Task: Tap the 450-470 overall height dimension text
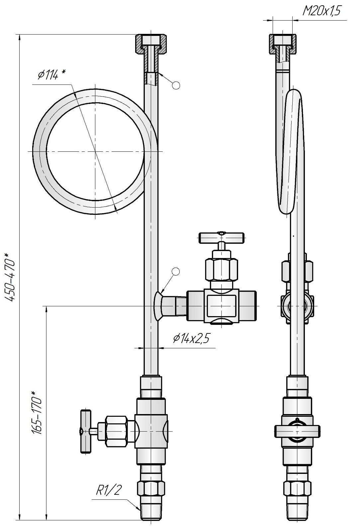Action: coord(11,277)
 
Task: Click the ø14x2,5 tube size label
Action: coord(191,338)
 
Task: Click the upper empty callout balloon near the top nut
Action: coord(176,85)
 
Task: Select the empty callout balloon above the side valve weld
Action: coord(176,272)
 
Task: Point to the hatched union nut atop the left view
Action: coord(151,44)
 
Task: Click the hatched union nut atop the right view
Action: coord(282,44)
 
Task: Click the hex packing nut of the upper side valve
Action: coord(222,270)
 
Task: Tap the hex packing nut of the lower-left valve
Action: coord(117,431)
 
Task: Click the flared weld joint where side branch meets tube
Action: coord(158,306)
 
